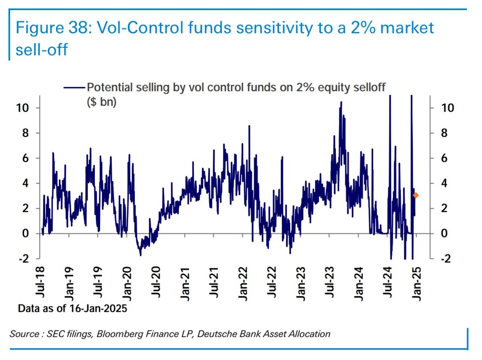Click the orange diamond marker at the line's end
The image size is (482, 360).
click(416, 195)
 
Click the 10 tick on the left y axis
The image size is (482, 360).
click(22, 108)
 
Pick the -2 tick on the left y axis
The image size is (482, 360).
click(23, 259)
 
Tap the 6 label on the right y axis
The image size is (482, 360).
click(444, 158)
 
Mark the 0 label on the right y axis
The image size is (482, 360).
click(444, 233)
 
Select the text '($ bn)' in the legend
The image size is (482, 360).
click(102, 102)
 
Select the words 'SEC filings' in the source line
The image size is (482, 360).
click(69, 334)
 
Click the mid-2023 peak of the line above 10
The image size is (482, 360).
click(341, 102)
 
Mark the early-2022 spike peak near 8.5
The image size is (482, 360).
click(249, 126)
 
